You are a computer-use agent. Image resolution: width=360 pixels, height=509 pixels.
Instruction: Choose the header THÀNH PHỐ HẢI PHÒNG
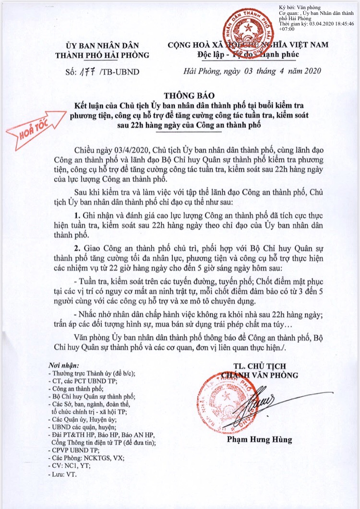click(x=102, y=54)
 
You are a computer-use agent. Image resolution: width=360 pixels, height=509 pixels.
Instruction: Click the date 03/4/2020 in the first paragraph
click(x=132, y=151)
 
